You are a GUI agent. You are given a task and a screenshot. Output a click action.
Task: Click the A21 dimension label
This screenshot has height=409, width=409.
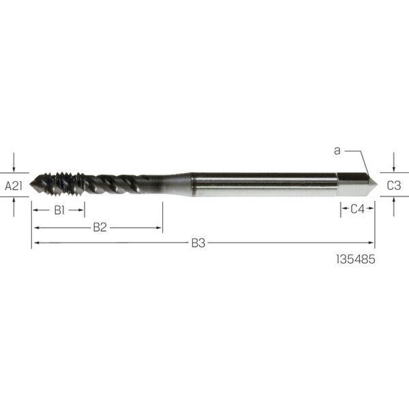tap(14, 186)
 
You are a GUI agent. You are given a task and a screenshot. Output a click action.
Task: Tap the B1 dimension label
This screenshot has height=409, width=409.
tap(59, 210)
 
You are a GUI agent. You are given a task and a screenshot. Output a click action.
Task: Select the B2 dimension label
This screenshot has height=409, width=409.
tap(100, 228)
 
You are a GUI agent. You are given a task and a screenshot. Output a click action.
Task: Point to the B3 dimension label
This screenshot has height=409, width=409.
tap(198, 243)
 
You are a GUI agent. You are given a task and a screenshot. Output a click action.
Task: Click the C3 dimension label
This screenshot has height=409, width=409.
tap(394, 185)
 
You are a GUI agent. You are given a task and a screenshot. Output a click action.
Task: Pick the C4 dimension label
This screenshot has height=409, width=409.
tap(357, 209)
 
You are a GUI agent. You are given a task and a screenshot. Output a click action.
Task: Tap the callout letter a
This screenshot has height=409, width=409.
tap(337, 151)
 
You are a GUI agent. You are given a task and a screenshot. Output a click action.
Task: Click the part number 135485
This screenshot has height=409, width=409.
tap(356, 259)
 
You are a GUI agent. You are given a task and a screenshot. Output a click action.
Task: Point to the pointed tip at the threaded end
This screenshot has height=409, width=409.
tap(30, 183)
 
